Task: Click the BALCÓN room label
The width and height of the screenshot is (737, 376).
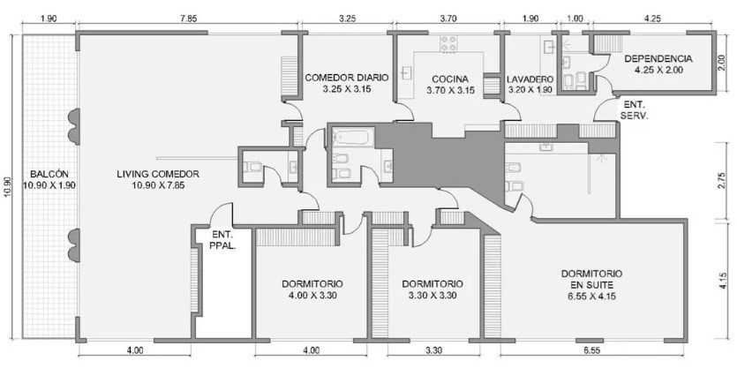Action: click(x=49, y=174)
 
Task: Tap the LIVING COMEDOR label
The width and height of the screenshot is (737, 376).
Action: click(x=158, y=174)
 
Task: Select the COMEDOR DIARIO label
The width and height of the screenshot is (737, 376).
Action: click(x=347, y=78)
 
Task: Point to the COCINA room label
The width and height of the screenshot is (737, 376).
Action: click(x=450, y=79)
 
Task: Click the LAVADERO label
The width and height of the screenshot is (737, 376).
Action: click(x=530, y=79)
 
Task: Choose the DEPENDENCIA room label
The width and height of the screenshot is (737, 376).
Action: click(x=658, y=59)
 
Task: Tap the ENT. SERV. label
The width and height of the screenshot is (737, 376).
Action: click(x=635, y=110)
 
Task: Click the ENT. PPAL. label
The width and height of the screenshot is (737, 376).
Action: click(x=223, y=239)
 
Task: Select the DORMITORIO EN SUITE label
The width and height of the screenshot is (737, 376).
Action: click(x=591, y=279)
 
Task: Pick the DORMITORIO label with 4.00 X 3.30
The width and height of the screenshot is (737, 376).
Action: click(x=312, y=284)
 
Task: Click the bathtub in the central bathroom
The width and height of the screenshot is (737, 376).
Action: click(x=353, y=137)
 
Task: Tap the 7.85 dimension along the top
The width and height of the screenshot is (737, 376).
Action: click(x=188, y=19)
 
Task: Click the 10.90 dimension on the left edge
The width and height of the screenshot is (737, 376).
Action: click(x=8, y=186)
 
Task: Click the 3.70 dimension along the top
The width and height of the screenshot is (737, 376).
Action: click(x=447, y=19)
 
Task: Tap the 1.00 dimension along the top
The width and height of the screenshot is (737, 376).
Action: click(x=575, y=19)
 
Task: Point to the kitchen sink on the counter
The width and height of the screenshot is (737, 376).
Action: click(x=406, y=73)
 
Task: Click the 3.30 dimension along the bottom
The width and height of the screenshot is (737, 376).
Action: click(x=433, y=350)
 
